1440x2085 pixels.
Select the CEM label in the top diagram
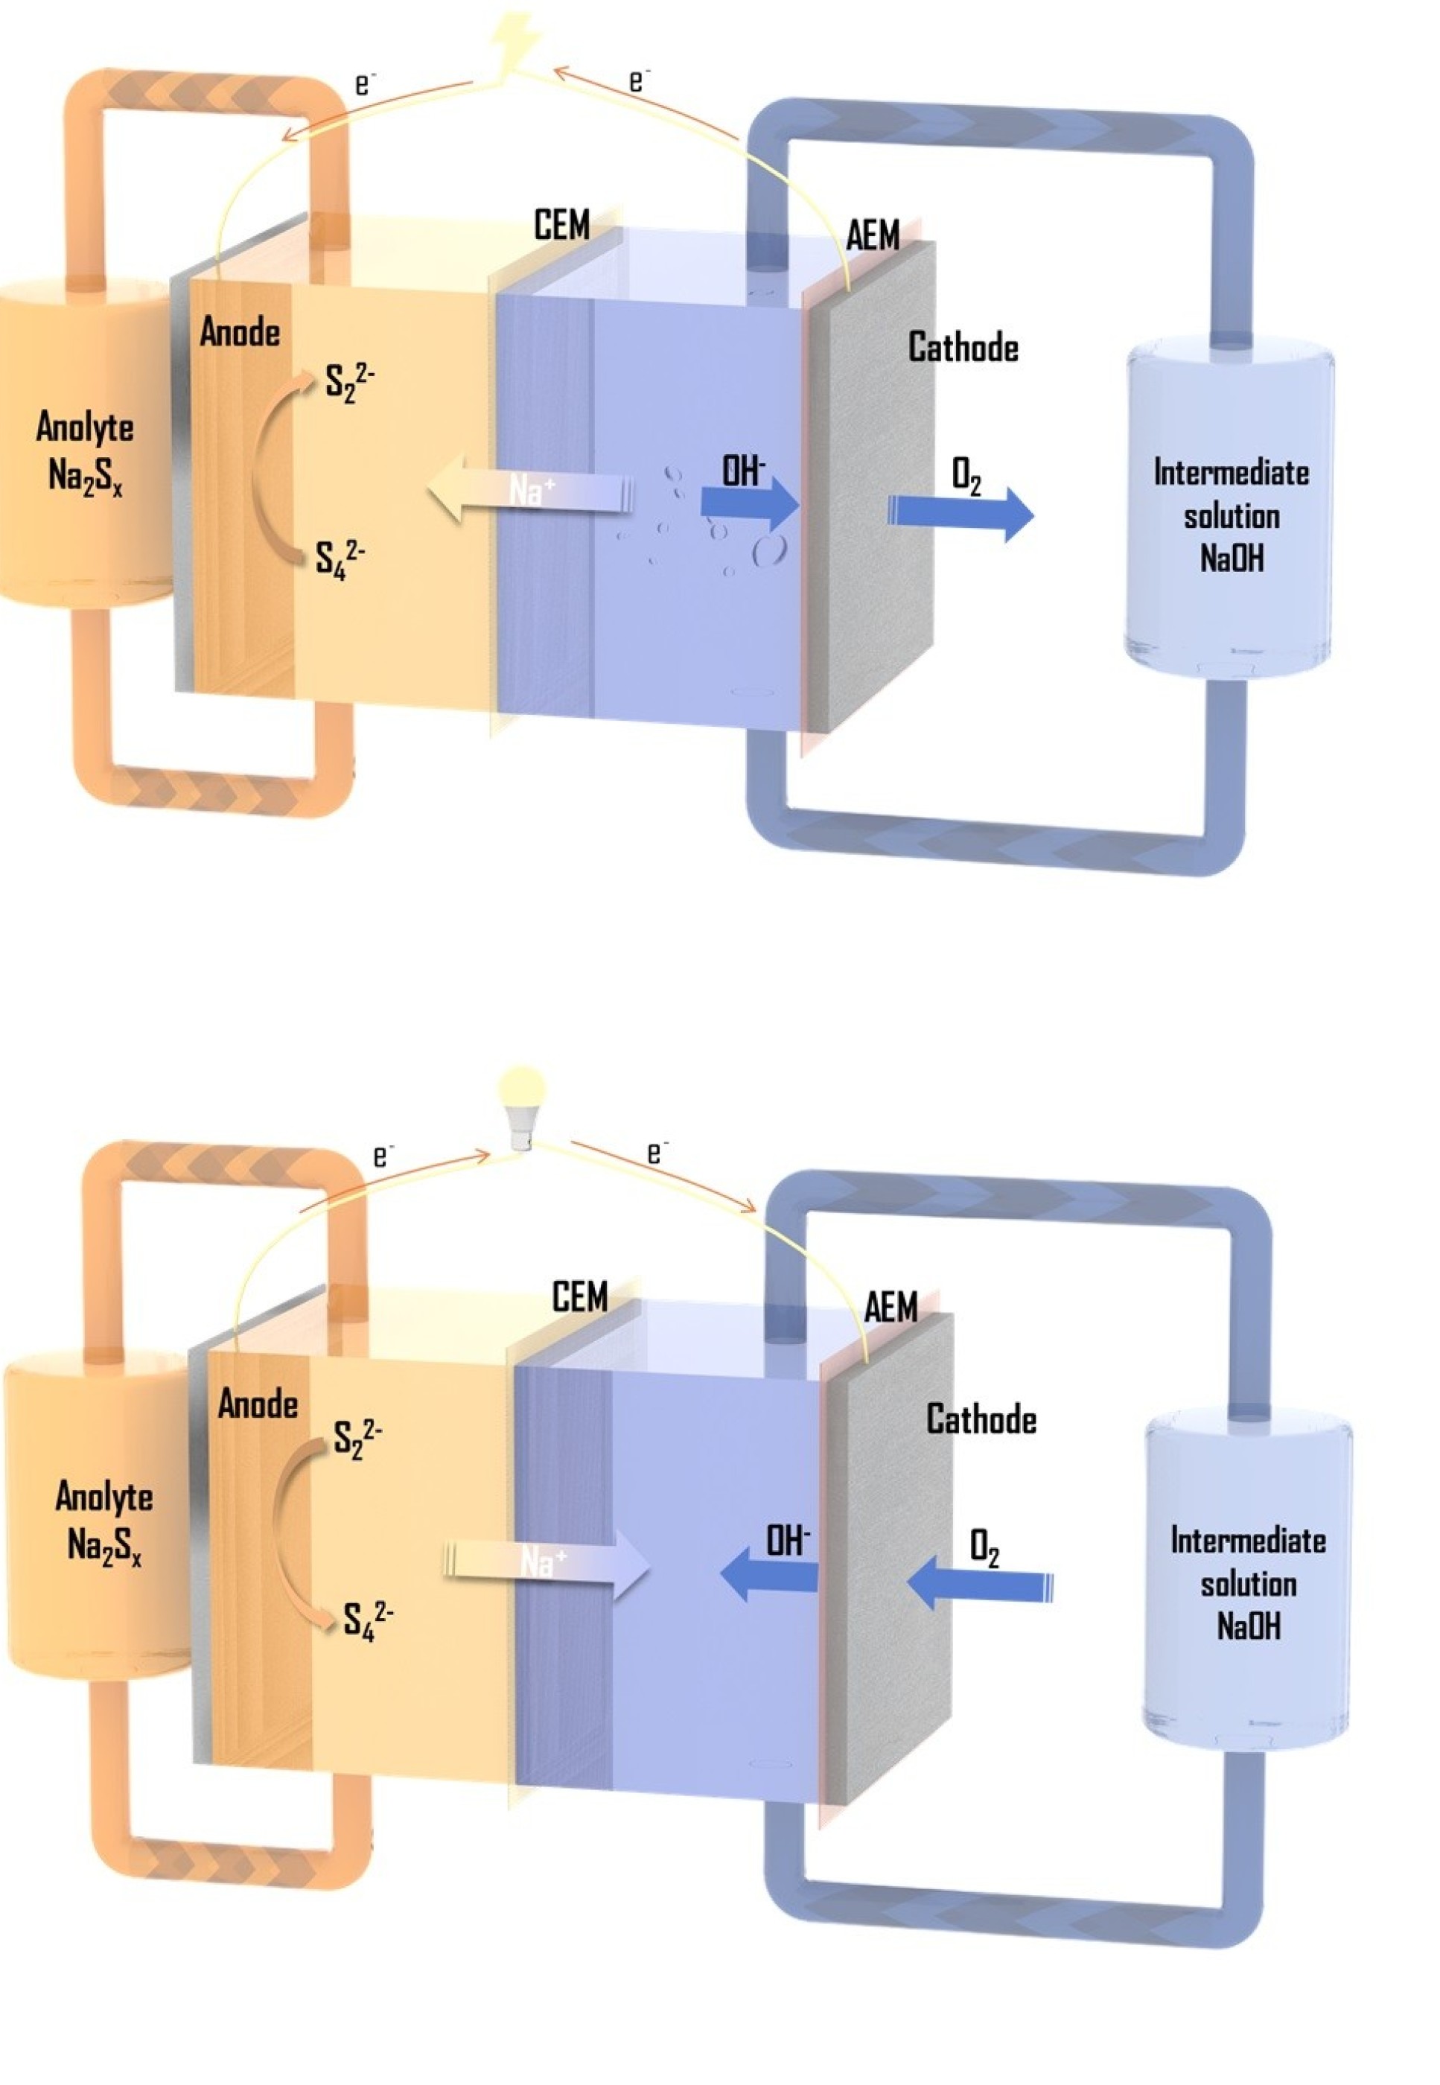[x=561, y=226]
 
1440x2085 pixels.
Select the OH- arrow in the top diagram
[x=749, y=503]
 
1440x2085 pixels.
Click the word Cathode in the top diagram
[x=963, y=347]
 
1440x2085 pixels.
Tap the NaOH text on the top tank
[x=1232, y=558]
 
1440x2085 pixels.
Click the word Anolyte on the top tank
[x=85, y=426]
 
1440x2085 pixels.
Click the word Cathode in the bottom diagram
[x=981, y=1419]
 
